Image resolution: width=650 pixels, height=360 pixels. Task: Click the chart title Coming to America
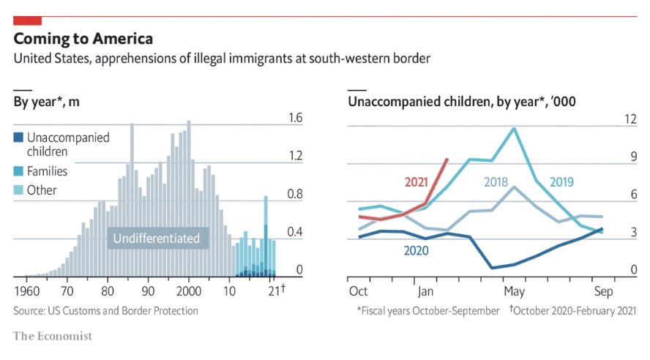[x=83, y=39]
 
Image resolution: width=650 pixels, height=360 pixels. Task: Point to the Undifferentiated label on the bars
[x=157, y=238]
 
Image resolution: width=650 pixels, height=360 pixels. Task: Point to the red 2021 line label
[x=417, y=181]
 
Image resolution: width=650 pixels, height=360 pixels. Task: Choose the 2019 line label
[x=561, y=181]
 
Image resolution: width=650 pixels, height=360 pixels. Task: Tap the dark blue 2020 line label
[x=416, y=250]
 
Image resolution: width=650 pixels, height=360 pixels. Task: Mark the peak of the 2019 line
[x=514, y=129]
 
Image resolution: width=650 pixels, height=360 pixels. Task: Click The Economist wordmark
[x=53, y=336]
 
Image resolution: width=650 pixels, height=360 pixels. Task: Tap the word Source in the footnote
[x=30, y=311]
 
